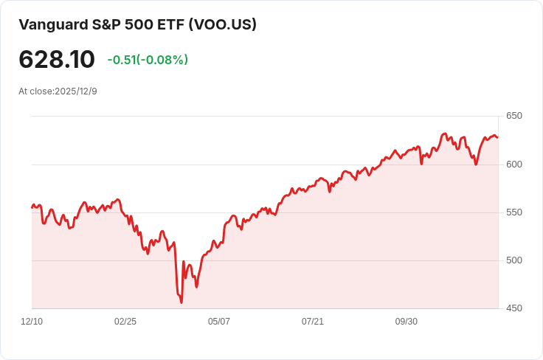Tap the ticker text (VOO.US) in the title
point(222,24)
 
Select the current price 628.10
point(57,60)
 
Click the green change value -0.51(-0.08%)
point(148,60)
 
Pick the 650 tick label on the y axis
point(513,116)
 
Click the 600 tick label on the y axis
point(513,164)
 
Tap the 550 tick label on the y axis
point(513,212)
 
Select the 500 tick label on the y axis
point(513,260)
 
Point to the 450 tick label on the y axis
point(513,308)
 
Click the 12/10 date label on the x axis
point(32,322)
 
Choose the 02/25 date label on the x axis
point(125,322)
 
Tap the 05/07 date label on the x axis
point(219,322)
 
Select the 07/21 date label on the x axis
point(313,322)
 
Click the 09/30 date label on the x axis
point(407,322)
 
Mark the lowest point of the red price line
point(181,302)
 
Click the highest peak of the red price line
point(444,134)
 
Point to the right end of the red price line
point(498,137)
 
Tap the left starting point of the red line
point(32,207)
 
